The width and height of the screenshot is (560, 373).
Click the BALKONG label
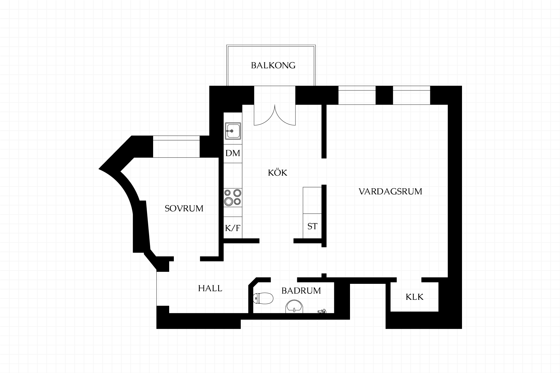pos(273,65)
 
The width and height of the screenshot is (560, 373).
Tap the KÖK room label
pos(277,173)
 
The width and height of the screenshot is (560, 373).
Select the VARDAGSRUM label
pos(390,191)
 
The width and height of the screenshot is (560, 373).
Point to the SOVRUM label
pos(184,208)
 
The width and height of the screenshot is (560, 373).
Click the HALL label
pos(210,288)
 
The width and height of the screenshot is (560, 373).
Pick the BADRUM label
pos(301,291)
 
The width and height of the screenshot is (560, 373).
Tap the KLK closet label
pos(414,297)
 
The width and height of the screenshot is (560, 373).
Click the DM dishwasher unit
pos(233,153)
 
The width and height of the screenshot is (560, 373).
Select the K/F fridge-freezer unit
pos(233,227)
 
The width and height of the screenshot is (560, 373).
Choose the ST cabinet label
pos(312,226)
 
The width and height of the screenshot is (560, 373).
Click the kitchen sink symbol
pos(233,131)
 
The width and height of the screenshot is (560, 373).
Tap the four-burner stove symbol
pos(233,197)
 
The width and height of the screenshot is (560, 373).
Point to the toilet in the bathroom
pos(263,298)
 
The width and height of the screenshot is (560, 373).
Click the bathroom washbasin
pos(294,306)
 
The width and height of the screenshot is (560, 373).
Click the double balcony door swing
pos(275,115)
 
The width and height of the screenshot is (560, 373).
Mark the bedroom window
pos(176,147)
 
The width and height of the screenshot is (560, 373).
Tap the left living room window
pos(357,95)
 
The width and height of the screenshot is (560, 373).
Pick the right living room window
pos(412,95)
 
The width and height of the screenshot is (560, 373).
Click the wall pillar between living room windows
pos(384,95)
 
